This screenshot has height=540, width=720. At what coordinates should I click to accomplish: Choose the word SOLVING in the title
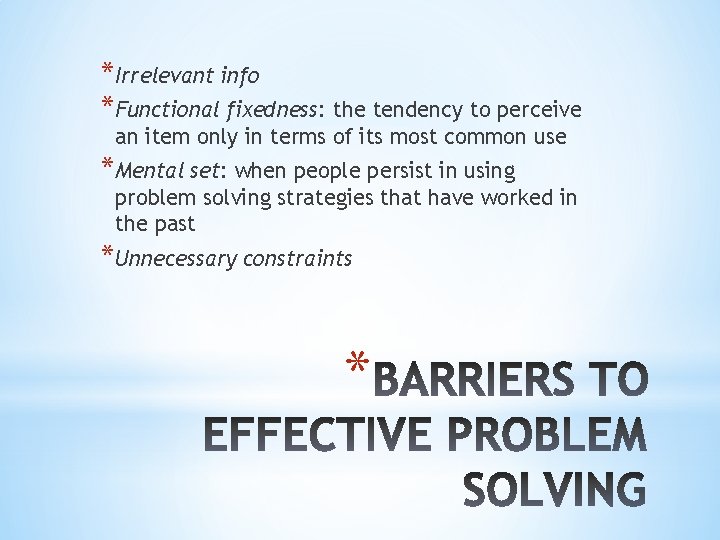coord(556,492)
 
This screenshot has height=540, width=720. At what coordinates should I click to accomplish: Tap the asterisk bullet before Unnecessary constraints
coord(107,253)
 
